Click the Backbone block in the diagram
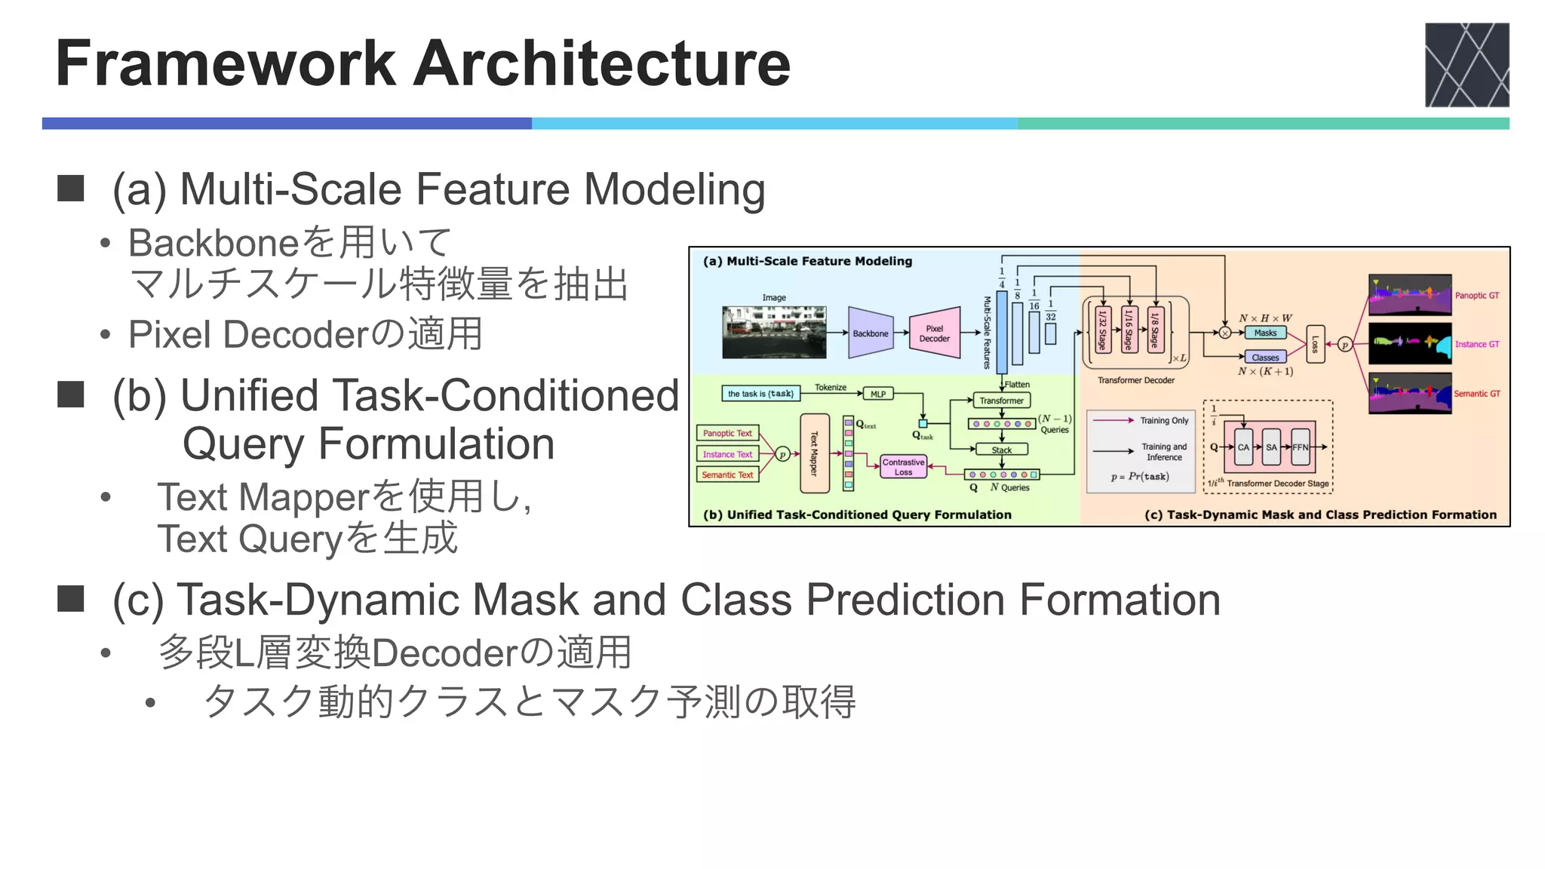(870, 333)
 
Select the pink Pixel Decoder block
(935, 333)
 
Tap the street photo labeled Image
(774, 332)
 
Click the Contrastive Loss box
(903, 467)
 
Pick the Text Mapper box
(814, 453)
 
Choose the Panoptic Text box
(727, 433)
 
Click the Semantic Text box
(727, 474)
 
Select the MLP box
(878, 394)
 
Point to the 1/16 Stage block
(1129, 330)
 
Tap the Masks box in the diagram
(1265, 333)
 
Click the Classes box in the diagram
(1265, 358)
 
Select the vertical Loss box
(1315, 344)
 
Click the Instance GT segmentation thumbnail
(1409, 344)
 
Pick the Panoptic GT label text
(1476, 296)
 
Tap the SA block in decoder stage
(1272, 447)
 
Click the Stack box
(1001, 450)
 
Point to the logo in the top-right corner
(1467, 65)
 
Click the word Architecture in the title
(602, 63)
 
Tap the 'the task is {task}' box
(760, 394)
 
